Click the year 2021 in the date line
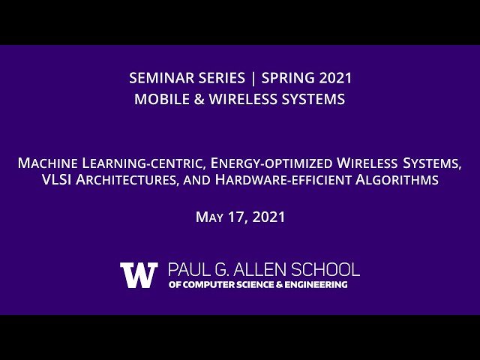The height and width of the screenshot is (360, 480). (x=269, y=217)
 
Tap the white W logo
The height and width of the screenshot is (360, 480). (x=139, y=274)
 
